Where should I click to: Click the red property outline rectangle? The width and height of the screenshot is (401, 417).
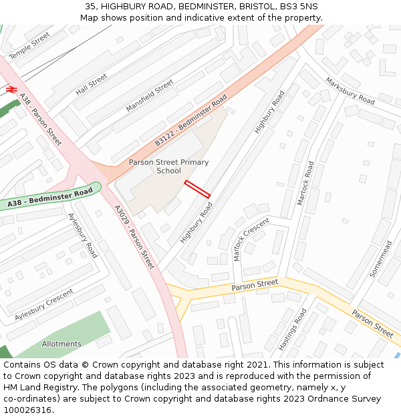(x=197, y=189)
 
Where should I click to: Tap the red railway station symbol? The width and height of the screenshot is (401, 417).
(x=11, y=88)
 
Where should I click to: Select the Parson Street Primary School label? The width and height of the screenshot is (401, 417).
(x=168, y=166)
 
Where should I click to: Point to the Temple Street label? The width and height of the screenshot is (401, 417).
(x=29, y=45)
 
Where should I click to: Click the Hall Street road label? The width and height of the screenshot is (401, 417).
(x=92, y=84)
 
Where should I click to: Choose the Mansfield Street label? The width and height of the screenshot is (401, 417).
(x=150, y=96)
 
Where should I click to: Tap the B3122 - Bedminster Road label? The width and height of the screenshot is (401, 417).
(x=191, y=121)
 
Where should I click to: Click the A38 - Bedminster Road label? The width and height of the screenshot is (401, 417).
(x=50, y=198)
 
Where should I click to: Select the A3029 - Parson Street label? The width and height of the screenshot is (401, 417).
(x=134, y=237)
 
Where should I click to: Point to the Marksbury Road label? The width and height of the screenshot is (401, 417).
(x=350, y=91)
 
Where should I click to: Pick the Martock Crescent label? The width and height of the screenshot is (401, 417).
(x=251, y=239)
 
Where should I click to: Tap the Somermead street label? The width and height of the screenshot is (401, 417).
(x=381, y=260)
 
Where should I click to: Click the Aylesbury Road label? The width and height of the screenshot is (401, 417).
(x=83, y=236)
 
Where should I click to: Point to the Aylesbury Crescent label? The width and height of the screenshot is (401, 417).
(x=44, y=304)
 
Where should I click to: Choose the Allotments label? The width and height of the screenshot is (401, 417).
(x=61, y=344)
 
